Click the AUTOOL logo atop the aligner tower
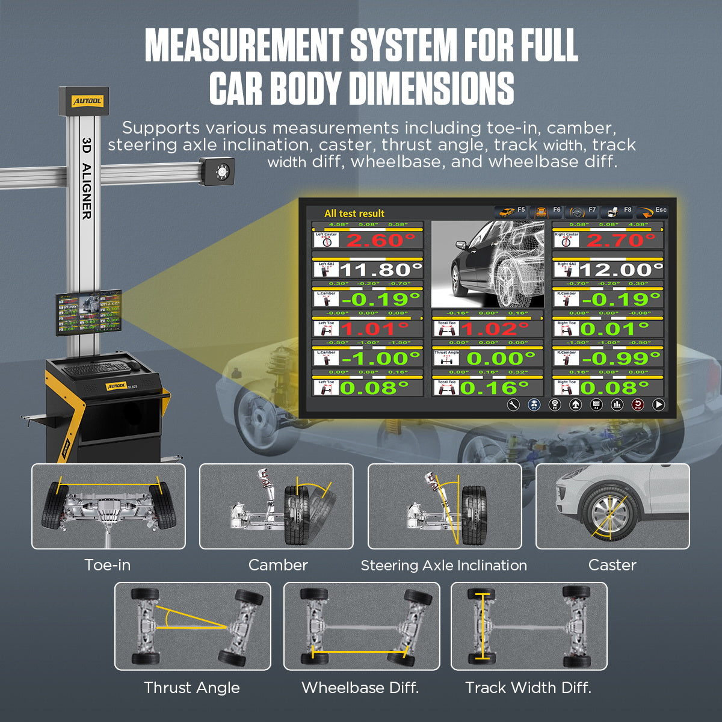83,101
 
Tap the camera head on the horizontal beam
218,170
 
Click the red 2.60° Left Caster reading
380,240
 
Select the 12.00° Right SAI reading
620,270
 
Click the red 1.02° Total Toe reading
497,329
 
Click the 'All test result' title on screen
354,214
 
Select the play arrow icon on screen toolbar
659,405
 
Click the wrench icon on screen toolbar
513,405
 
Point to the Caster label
612,565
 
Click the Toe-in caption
107,565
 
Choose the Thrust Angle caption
191,688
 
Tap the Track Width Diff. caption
528,688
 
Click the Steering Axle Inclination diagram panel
445,507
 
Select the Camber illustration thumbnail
276,507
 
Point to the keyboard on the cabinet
96,366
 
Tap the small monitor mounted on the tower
88,312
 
